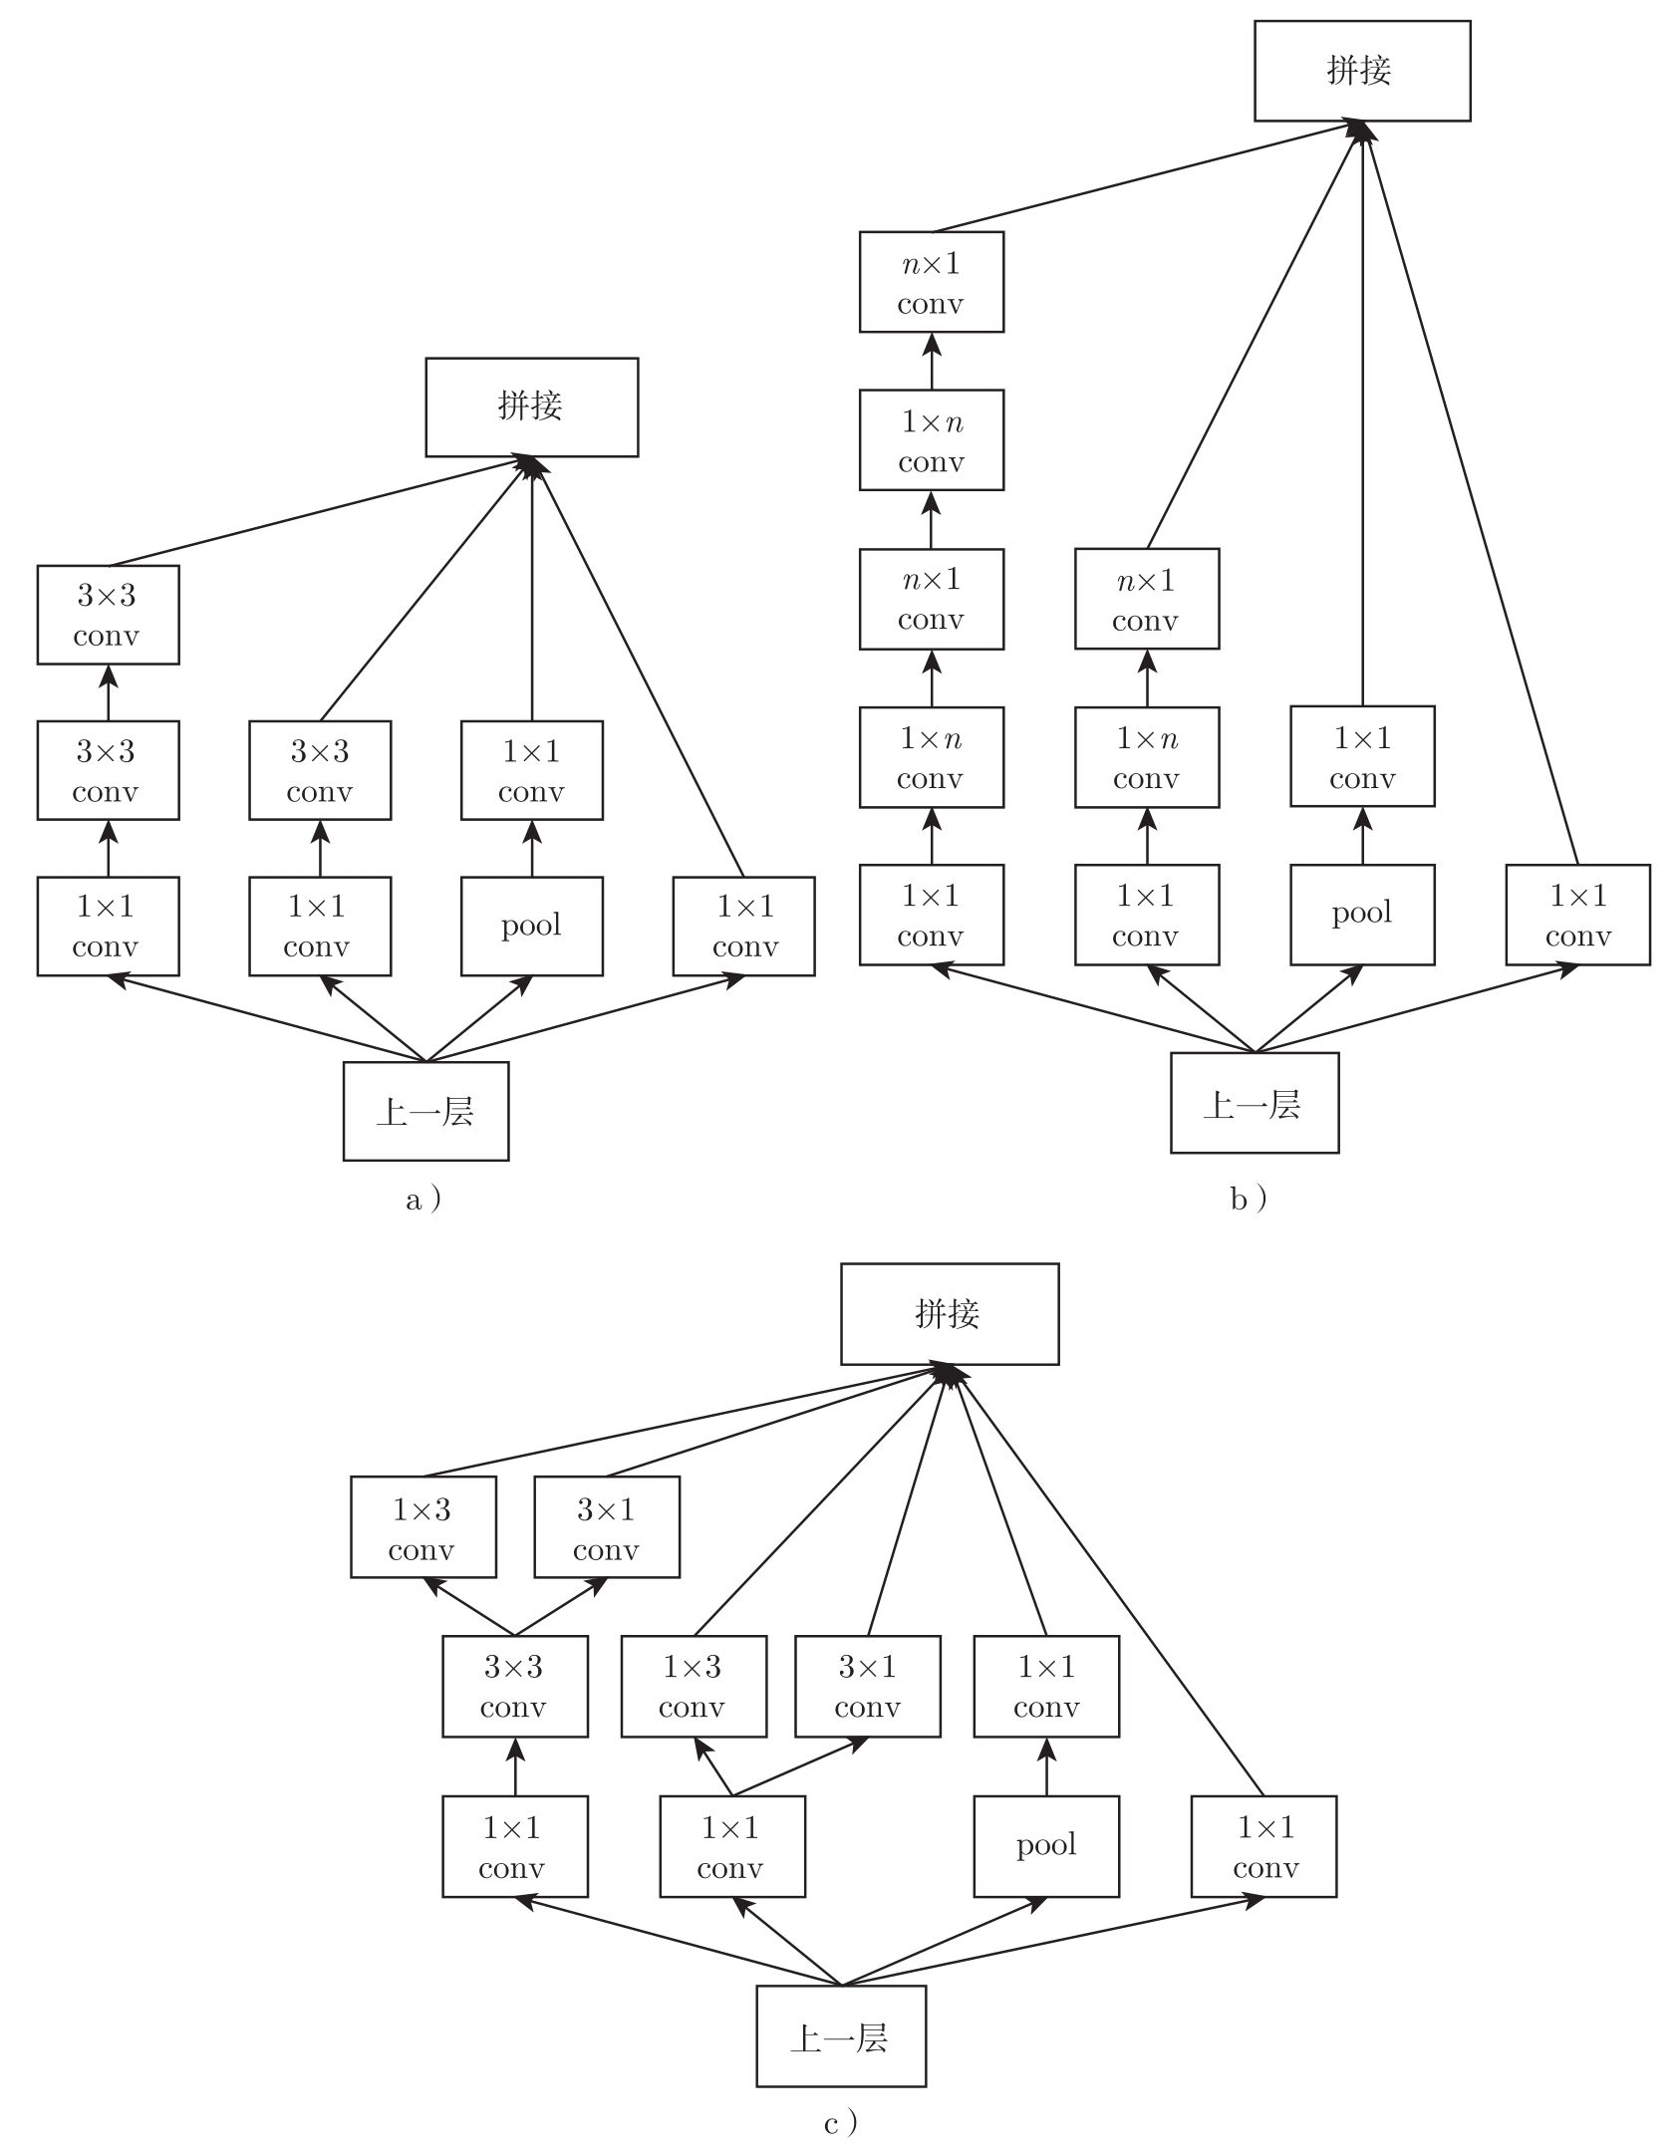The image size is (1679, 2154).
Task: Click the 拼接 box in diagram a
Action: [x=531, y=407]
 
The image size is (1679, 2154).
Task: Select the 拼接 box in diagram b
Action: [x=1361, y=72]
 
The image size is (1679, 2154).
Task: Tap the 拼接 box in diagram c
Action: [x=949, y=1314]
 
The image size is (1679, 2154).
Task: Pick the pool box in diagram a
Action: [x=531, y=926]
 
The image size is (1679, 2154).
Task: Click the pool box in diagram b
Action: [x=1361, y=915]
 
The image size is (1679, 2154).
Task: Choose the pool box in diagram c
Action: [x=1045, y=1845]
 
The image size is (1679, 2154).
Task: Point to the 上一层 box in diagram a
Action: [x=425, y=1111]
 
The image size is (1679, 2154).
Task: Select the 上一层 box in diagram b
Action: [x=1254, y=1103]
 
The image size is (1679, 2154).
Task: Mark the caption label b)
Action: [x=1249, y=1199]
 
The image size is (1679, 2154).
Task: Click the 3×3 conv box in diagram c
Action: [x=514, y=1686]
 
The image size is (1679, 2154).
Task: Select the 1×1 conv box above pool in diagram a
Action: [x=531, y=770]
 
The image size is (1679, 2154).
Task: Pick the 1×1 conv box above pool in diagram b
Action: [x=1361, y=756]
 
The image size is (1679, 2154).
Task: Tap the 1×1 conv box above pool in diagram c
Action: [x=1045, y=1686]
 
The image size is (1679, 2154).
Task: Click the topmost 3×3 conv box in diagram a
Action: [x=108, y=615]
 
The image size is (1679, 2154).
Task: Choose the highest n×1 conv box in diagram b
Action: [x=931, y=282]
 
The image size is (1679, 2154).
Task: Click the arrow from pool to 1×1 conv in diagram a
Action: [x=531, y=848]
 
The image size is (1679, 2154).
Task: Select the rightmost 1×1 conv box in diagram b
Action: [x=1577, y=915]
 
